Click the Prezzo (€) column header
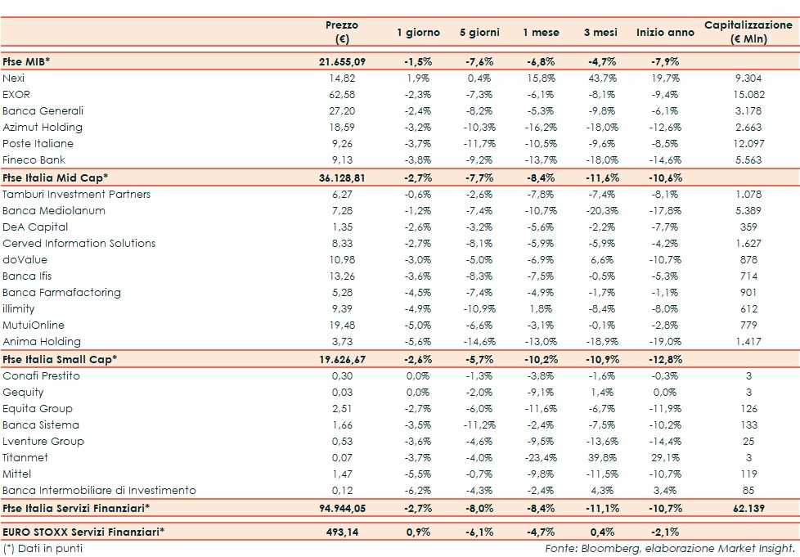click(341, 32)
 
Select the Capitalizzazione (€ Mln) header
click(748, 32)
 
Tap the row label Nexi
click(14, 78)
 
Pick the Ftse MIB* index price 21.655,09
click(341, 61)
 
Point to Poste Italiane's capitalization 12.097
click(748, 143)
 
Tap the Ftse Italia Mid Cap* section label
click(56, 177)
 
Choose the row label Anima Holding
click(42, 342)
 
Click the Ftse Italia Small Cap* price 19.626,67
click(341, 359)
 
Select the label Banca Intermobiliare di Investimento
click(100, 491)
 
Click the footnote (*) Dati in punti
click(43, 548)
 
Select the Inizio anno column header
click(663, 32)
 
